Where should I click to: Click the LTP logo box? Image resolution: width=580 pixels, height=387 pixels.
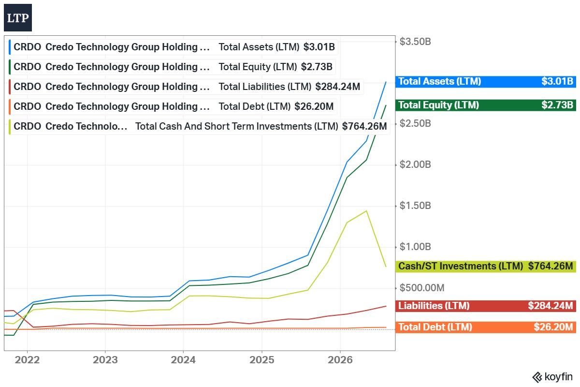[x=18, y=17]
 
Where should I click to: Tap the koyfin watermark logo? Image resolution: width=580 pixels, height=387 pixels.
[x=552, y=377]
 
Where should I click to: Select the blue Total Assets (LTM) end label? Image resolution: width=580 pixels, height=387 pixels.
[x=485, y=81]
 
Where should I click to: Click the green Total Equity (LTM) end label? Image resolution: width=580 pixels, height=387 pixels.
[x=485, y=105]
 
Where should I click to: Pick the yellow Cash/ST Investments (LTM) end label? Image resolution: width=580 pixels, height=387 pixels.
[x=485, y=266]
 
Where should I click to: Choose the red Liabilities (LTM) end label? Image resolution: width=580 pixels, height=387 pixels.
[x=485, y=306]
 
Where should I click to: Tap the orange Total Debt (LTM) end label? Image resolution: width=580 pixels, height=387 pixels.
[x=485, y=327]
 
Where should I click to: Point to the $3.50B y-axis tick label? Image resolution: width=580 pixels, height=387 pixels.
[x=415, y=42]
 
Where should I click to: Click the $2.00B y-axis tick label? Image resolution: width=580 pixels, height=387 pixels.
[x=415, y=164]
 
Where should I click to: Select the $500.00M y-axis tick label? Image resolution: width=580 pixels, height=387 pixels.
[x=422, y=288]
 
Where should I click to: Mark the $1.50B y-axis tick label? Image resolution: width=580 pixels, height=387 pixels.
[x=415, y=206]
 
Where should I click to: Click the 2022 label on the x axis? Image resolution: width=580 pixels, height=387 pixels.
[x=27, y=360]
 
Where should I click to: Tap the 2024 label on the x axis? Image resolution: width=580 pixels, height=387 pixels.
[x=183, y=360]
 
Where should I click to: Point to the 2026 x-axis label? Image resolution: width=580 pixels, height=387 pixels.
[x=340, y=360]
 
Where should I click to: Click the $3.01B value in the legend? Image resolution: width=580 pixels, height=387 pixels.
[x=319, y=47]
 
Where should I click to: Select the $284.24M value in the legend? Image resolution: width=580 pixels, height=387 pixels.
[x=338, y=87]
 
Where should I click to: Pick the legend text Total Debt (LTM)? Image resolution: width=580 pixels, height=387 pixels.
[x=255, y=106]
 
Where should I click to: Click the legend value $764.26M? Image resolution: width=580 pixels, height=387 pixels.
[x=364, y=126]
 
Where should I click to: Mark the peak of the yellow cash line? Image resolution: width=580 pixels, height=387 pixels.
[x=366, y=211]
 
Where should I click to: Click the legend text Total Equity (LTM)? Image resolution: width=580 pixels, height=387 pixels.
[x=258, y=67]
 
